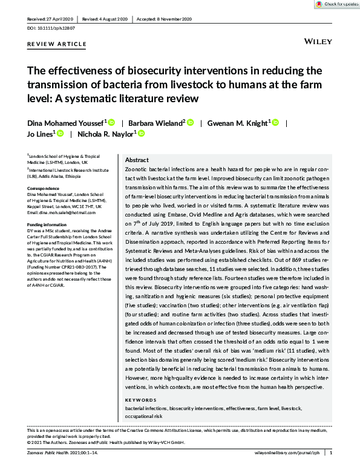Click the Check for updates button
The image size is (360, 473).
click(335, 4)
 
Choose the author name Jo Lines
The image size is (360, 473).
click(39, 134)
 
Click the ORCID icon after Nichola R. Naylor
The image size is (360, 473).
click(142, 134)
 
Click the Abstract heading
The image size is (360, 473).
click(136, 160)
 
